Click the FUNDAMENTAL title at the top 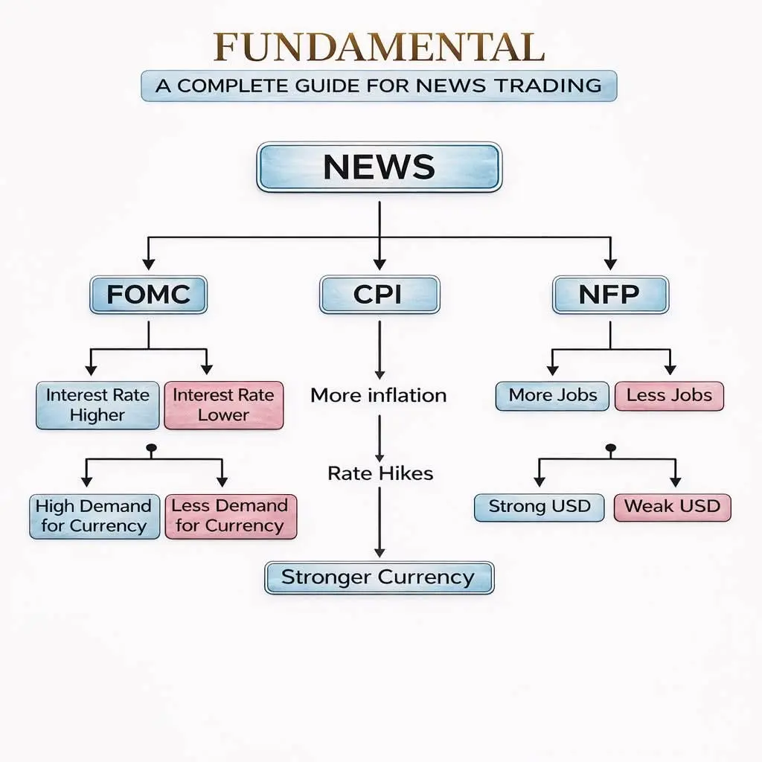tap(379, 47)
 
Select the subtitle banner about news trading tap(379, 86)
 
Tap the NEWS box tap(379, 167)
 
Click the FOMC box tap(148, 295)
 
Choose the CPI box tap(379, 295)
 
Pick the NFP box tap(609, 295)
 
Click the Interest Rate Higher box tap(97, 405)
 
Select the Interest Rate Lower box tap(223, 405)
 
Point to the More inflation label tap(379, 395)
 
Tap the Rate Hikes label tap(380, 473)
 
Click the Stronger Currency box tap(379, 577)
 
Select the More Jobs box tap(552, 396)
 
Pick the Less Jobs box tap(669, 396)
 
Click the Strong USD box tap(539, 507)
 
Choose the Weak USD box tap(672, 507)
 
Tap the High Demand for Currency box tap(94, 516)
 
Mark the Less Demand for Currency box tap(230, 516)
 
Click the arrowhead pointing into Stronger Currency tap(380, 553)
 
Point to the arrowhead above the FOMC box tap(148, 263)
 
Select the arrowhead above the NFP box tap(610, 263)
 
